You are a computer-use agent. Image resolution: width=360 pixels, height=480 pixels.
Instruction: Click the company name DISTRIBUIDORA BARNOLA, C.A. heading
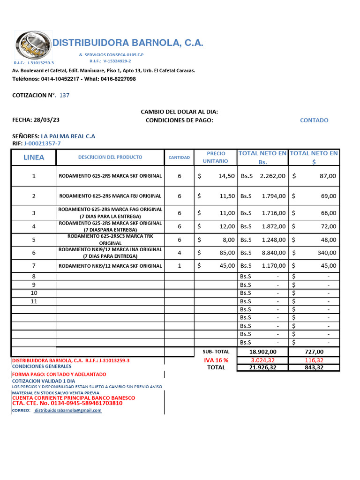coord(127,43)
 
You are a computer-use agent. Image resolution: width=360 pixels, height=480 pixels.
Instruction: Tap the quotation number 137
coord(64,95)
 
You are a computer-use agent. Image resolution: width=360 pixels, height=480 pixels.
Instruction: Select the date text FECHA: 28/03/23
coord(36,120)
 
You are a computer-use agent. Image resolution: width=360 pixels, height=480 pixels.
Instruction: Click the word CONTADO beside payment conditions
coord(314,120)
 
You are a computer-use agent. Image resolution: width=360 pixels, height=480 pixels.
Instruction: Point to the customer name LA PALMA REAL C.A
coord(68,136)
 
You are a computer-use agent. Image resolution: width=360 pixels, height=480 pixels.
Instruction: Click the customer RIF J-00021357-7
coord(42,143)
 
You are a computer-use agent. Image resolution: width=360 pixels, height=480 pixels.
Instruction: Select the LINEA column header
coord(34,157)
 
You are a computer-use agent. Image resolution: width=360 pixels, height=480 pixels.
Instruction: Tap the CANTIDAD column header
coord(179,157)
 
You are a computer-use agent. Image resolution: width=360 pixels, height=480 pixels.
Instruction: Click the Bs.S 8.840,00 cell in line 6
coord(262,253)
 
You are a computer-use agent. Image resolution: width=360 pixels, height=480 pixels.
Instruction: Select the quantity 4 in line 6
coord(179,253)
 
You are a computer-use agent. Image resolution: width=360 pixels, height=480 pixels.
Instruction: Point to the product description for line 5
coord(110,240)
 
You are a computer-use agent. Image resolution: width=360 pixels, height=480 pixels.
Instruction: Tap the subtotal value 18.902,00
coord(263,352)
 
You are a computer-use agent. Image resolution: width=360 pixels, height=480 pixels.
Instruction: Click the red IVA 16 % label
coord(216,360)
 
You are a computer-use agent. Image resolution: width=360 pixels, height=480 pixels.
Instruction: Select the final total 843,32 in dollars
coord(314,367)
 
